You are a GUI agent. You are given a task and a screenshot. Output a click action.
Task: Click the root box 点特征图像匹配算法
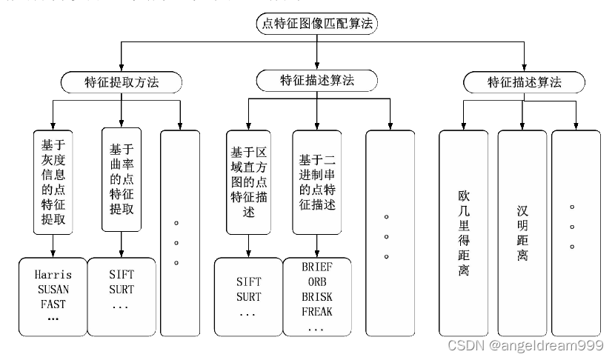(x=317, y=23)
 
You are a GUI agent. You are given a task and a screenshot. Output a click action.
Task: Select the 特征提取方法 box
(x=121, y=81)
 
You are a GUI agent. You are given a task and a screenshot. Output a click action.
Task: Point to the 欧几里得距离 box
(x=464, y=233)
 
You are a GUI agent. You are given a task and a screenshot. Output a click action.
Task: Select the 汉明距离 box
(x=523, y=233)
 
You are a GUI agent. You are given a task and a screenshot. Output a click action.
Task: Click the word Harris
(x=53, y=275)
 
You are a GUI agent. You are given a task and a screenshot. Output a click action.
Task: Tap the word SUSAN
(x=53, y=289)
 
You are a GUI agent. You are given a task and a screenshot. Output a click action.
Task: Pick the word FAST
(x=53, y=304)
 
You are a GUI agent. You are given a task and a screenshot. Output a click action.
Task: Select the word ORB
(x=317, y=282)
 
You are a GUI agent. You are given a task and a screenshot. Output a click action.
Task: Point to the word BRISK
(x=317, y=296)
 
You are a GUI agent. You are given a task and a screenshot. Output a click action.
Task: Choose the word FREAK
(x=317, y=311)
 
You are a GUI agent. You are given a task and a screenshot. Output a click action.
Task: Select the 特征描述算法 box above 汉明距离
(x=523, y=81)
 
